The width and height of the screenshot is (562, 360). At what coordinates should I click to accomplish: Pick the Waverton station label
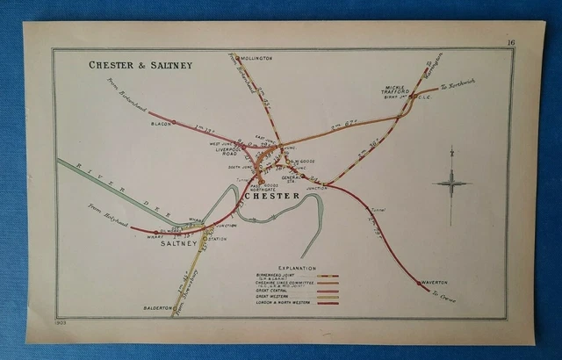coord(434,282)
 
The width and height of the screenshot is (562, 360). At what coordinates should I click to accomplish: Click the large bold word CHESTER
coord(274,195)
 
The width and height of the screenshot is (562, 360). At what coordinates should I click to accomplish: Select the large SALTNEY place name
coord(181,244)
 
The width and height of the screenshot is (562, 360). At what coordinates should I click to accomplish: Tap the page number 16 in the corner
coord(510,43)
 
